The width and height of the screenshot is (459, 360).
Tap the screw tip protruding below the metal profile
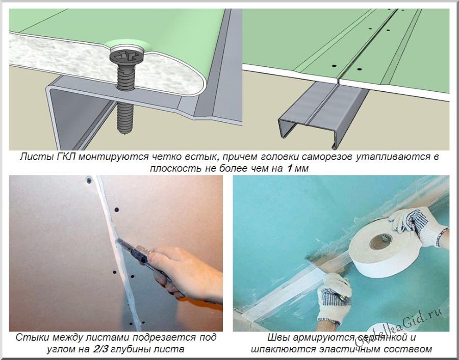click(125, 118)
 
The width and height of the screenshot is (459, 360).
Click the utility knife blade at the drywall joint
click(122, 243)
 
